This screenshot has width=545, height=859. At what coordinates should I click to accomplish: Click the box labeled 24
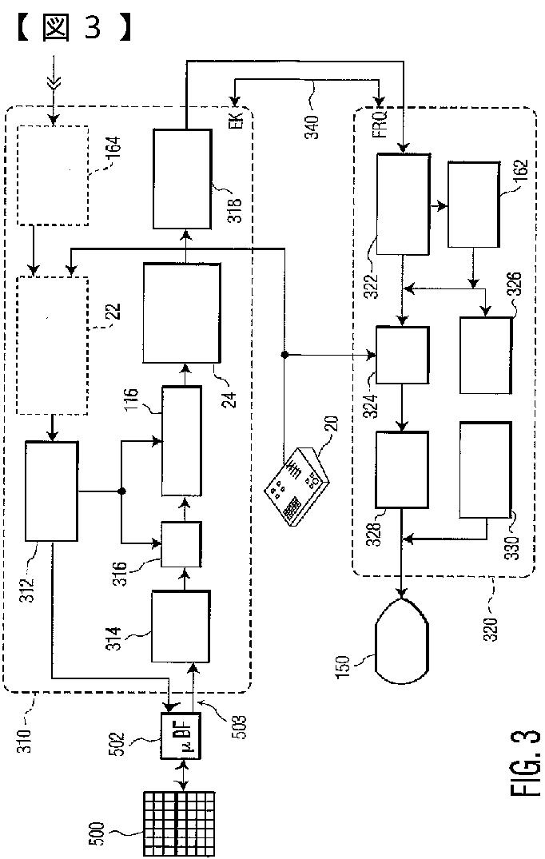(x=181, y=312)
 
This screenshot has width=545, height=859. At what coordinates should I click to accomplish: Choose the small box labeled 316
(x=181, y=543)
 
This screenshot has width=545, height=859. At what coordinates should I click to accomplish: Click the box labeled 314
(x=181, y=626)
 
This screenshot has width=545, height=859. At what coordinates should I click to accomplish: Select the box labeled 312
(x=51, y=491)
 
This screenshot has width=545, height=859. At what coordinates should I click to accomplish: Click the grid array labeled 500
(x=180, y=822)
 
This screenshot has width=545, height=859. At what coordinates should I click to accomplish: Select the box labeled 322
(x=402, y=204)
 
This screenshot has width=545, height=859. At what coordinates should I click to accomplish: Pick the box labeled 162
(x=474, y=204)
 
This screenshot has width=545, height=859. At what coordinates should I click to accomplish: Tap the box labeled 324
(x=402, y=355)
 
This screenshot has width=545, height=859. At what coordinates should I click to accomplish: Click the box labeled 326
(x=485, y=355)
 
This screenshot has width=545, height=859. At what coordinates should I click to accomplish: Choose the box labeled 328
(x=402, y=469)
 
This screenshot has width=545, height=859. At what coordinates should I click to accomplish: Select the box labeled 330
(x=485, y=469)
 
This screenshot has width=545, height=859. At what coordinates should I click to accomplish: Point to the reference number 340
(x=311, y=121)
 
